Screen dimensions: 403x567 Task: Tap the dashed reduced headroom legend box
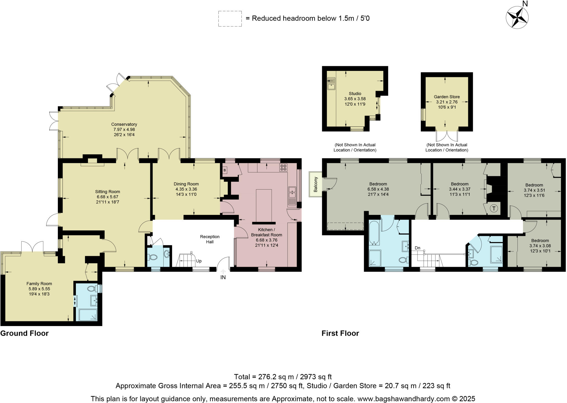[230, 19]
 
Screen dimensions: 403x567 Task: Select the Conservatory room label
[124, 124]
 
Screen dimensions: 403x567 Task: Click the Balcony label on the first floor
[315, 184]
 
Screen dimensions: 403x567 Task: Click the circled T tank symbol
[494, 208]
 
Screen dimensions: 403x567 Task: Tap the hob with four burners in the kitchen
[283, 167]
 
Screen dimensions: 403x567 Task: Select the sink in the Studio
[331, 83]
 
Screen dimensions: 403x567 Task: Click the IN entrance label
[223, 277]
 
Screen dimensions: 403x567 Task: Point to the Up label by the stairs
[199, 261]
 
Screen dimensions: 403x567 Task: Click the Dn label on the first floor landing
[417, 248]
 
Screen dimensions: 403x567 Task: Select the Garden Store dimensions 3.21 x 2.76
[447, 102]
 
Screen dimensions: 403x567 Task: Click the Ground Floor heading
[24, 333]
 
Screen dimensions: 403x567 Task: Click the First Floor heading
[340, 333]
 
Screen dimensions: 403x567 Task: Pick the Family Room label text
[39, 284]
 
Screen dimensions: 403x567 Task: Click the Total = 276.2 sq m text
[283, 377]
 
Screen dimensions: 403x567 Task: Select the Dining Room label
[186, 184]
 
